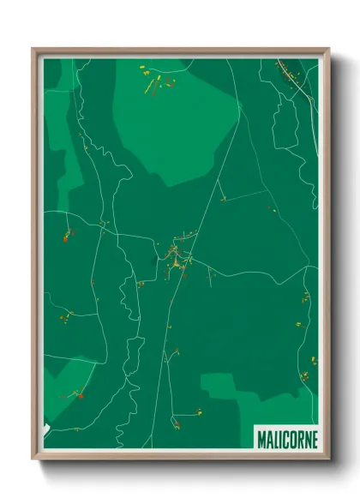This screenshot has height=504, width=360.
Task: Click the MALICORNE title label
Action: [x=286, y=439]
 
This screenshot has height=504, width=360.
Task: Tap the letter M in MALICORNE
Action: [x=261, y=439]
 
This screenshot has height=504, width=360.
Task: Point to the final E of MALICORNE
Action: [x=313, y=439]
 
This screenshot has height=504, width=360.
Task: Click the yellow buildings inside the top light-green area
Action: [x=154, y=82]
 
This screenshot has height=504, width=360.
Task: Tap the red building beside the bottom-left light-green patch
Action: [x=79, y=395]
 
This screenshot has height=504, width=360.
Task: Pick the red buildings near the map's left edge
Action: [x=65, y=235]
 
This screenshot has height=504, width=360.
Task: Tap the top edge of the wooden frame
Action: [x=180, y=51]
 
